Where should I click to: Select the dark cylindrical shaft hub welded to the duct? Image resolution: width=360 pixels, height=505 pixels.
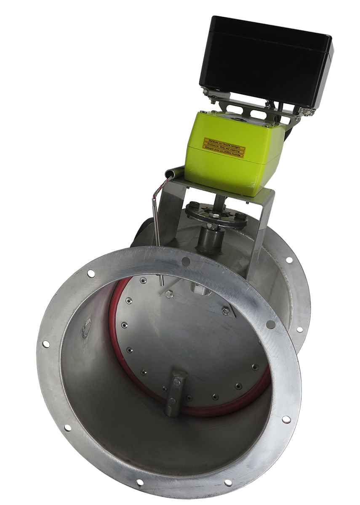click(x=211, y=240)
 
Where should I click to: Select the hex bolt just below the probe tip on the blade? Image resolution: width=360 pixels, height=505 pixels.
click(x=169, y=294)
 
